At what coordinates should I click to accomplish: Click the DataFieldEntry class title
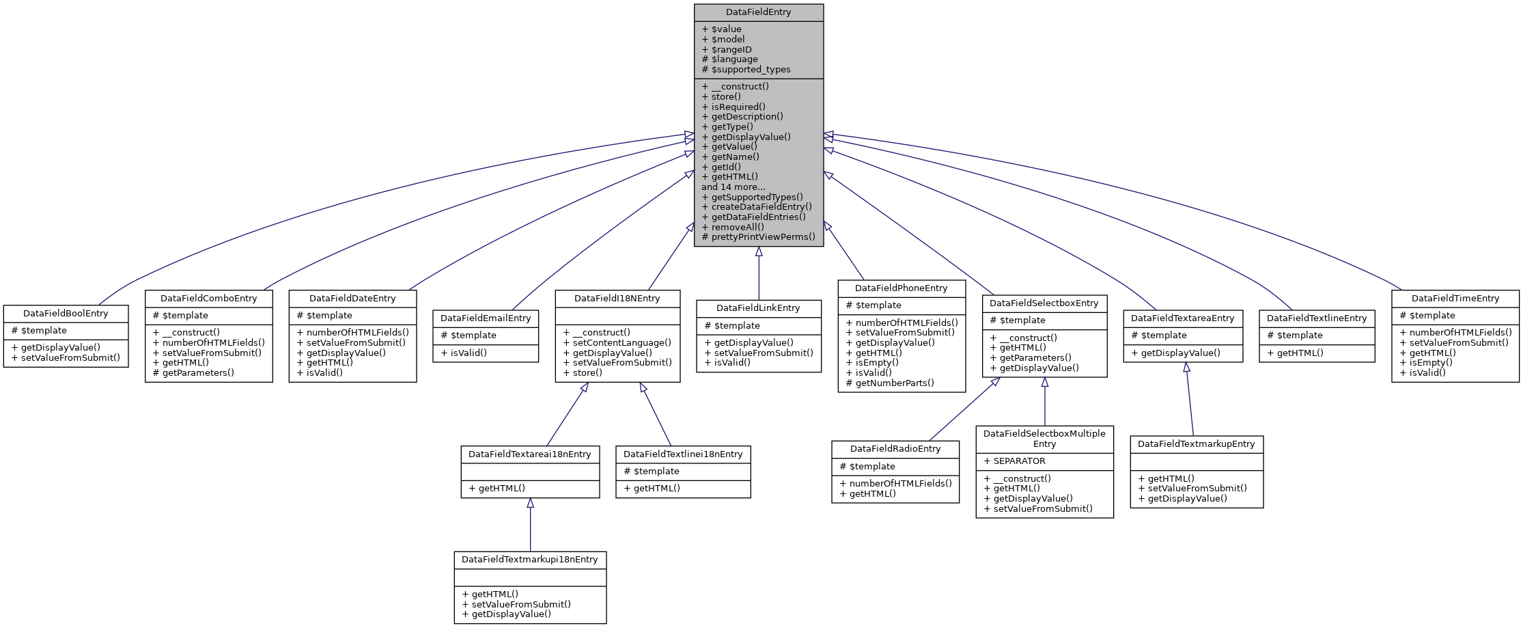758,12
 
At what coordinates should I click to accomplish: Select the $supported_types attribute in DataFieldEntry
750,69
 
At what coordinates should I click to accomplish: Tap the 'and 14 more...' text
733,187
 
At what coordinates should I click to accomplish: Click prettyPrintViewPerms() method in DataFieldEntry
762,236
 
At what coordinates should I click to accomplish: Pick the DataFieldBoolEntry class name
66,313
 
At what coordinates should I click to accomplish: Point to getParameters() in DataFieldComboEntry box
197,372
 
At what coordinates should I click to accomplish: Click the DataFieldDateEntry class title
352,298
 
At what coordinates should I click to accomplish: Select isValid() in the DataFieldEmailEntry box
468,353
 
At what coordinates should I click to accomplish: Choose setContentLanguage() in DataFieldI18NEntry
621,342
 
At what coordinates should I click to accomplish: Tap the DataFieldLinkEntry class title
758,308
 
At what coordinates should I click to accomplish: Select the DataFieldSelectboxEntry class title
1044,303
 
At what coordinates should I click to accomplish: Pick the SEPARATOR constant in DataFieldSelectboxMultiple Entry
1018,461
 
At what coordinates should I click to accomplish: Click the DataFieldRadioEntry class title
895,448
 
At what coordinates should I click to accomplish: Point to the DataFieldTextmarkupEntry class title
1196,443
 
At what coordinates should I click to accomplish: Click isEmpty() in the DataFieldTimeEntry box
1430,362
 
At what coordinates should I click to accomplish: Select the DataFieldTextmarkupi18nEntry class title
529,559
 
